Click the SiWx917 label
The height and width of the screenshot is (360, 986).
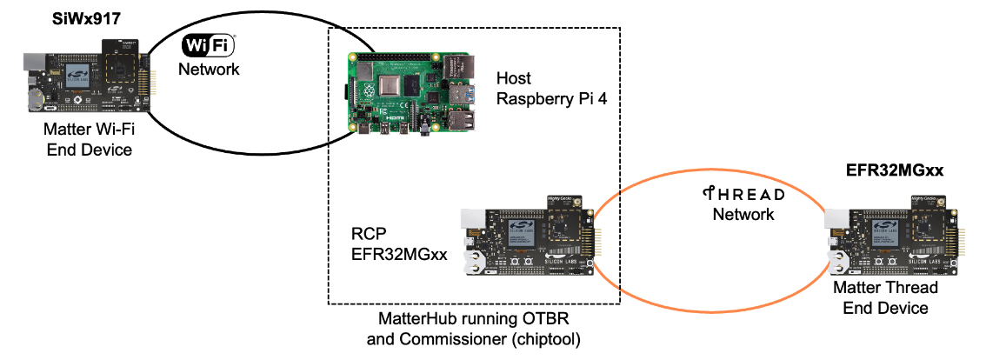(87, 17)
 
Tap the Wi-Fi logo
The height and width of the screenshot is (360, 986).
(209, 46)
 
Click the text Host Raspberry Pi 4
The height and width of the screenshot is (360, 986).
(550, 90)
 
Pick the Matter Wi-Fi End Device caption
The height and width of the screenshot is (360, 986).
(89, 140)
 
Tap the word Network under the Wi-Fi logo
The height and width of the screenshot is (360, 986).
(209, 70)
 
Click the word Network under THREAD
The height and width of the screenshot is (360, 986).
(743, 214)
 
